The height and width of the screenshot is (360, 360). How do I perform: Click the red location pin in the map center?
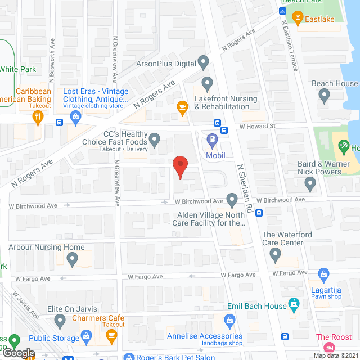tap(179, 167)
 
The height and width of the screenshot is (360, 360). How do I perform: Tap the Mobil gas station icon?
tap(212, 138)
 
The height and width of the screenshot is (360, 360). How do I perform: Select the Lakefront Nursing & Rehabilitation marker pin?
tap(208, 85)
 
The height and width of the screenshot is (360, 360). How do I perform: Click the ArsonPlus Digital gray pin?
tap(203, 63)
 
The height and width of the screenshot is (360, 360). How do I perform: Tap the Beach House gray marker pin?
tap(324, 96)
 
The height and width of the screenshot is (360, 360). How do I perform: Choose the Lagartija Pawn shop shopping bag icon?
tap(323, 274)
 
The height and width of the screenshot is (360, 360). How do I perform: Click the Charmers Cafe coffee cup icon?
tap(111, 337)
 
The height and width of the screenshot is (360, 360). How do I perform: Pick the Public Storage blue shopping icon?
tap(86, 338)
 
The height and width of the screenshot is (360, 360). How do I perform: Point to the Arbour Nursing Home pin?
tap(72, 259)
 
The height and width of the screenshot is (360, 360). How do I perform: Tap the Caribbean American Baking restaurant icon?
tap(38, 118)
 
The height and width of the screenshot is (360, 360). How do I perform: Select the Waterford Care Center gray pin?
tap(275, 255)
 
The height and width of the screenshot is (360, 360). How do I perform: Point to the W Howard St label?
tap(257, 126)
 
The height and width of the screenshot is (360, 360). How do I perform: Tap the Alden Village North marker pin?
tap(232, 199)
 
